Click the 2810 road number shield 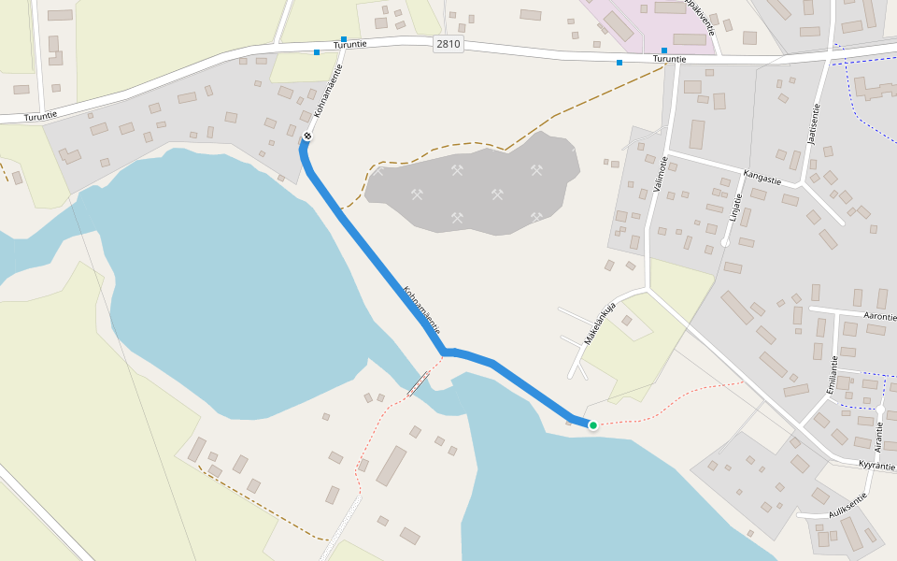(448, 44)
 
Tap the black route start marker (306, 137)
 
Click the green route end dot (592, 425)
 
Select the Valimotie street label (662, 174)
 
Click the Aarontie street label (881, 318)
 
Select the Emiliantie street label (833, 374)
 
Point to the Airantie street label (877, 436)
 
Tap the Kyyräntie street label (876, 465)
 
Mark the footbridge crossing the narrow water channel (418, 383)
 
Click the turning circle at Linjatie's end (725, 243)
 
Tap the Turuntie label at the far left (40, 114)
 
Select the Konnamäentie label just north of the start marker (328, 97)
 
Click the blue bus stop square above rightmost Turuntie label (664, 50)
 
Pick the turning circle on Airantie (880, 410)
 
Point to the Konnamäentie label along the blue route (420, 309)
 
